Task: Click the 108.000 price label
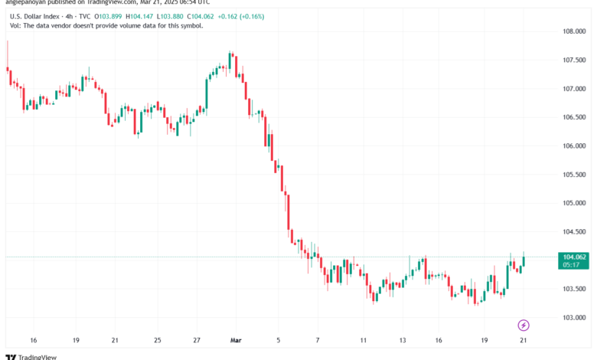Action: point(574,31)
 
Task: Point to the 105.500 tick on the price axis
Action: point(574,174)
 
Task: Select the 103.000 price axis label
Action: point(574,317)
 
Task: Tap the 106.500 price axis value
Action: point(574,117)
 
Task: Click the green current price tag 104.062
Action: point(574,257)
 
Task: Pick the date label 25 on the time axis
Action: point(157,339)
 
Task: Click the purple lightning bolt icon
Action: point(524,325)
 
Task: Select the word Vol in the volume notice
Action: point(15,25)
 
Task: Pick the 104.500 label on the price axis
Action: point(574,231)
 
